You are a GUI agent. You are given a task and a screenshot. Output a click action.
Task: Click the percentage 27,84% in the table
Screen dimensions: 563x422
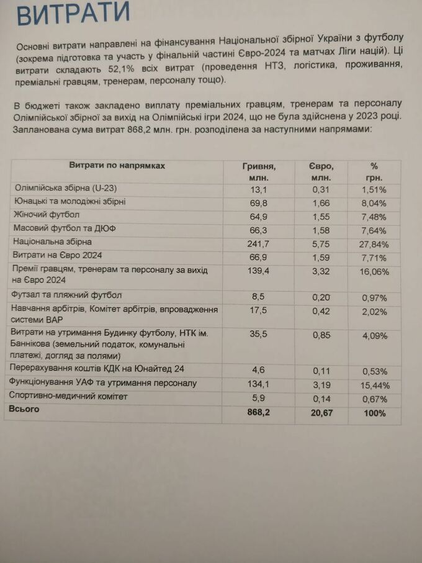(x=374, y=244)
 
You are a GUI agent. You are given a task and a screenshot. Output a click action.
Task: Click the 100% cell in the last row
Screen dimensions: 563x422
(x=374, y=413)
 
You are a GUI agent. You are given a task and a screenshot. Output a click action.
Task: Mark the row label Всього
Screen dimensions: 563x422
(x=24, y=409)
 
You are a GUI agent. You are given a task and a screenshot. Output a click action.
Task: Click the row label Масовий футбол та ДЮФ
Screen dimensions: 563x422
(x=64, y=228)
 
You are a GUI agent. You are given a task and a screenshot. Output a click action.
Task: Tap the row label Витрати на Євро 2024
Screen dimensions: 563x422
(x=57, y=255)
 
